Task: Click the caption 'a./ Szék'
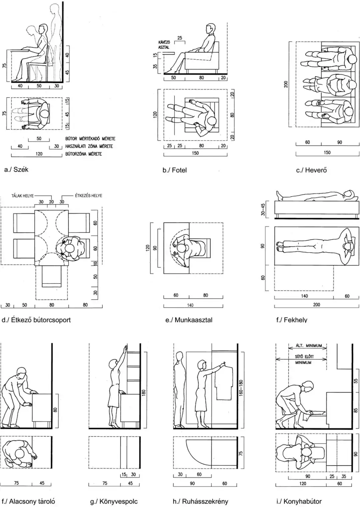click(x=16, y=169)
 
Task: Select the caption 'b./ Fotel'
click(x=174, y=170)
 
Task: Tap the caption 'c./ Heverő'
click(x=311, y=170)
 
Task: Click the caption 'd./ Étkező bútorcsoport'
click(x=36, y=320)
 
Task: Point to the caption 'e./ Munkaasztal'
click(x=189, y=320)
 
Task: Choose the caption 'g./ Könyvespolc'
click(x=114, y=501)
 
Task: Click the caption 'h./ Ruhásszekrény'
click(x=200, y=501)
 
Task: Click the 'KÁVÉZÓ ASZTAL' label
click(x=164, y=45)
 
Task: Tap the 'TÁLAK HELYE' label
click(x=23, y=196)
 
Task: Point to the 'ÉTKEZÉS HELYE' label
click(x=89, y=196)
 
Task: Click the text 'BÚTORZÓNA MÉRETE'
click(x=83, y=154)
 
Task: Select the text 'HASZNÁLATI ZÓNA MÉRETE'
click(x=89, y=146)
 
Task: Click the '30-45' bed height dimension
click(x=263, y=209)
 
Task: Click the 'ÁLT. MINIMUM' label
click(x=309, y=346)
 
